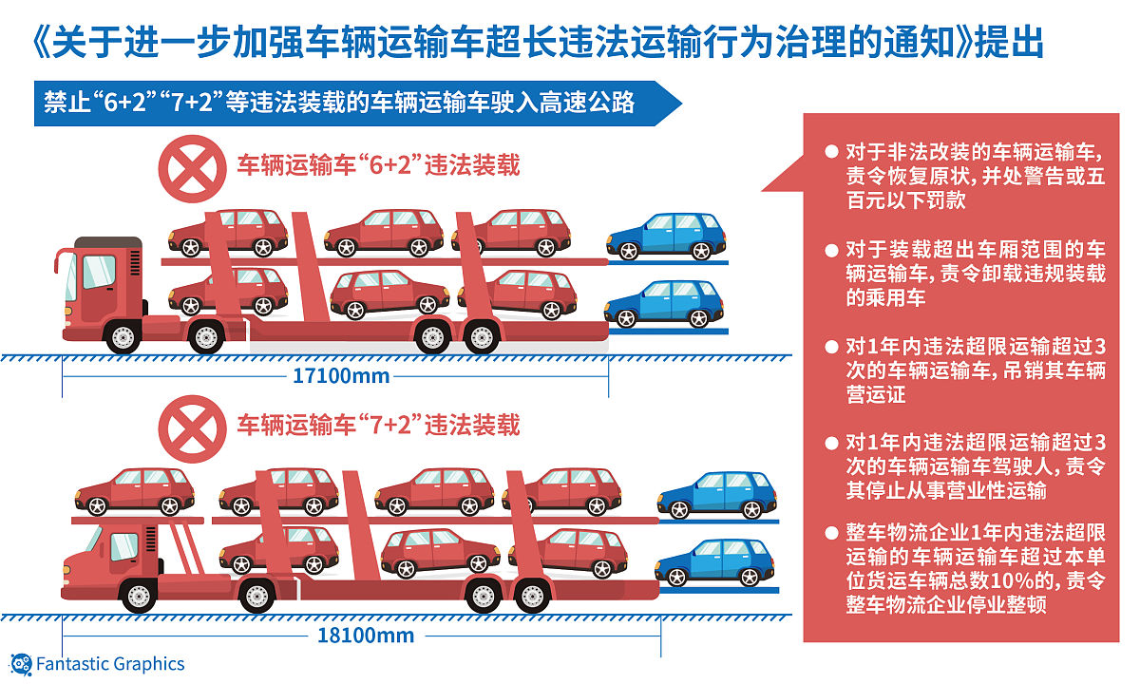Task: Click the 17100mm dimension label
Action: [341, 376]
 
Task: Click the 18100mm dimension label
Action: [366, 636]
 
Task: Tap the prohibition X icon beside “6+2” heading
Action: [192, 168]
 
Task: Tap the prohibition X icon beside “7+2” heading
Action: [192, 428]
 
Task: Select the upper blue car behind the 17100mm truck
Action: [666, 237]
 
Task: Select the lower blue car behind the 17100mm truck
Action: [664, 304]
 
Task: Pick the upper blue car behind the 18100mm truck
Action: [717, 495]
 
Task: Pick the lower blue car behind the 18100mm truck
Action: [714, 562]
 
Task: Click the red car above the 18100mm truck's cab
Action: [135, 492]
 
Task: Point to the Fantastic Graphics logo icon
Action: [21, 665]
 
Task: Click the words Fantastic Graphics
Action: [110, 664]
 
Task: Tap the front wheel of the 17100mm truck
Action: [123, 336]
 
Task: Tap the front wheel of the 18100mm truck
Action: [139, 596]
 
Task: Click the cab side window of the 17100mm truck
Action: [99, 272]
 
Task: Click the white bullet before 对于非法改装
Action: [831, 152]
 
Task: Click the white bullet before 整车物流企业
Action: [831, 533]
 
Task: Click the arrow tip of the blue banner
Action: [681, 104]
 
